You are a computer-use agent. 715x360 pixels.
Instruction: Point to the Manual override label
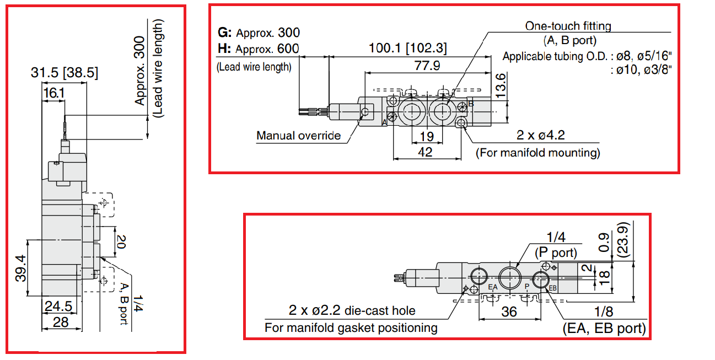[x=298, y=136]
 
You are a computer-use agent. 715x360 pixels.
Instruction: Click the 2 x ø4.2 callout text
[x=540, y=136]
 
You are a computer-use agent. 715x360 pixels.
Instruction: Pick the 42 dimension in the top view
[x=425, y=152]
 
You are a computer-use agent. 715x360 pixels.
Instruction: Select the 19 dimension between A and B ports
[x=426, y=136]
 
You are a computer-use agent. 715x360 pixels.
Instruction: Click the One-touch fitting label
[x=568, y=25]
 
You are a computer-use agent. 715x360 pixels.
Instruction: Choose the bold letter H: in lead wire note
[x=225, y=49]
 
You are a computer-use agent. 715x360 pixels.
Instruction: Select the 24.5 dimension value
[x=60, y=306]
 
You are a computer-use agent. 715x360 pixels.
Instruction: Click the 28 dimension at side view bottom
[x=60, y=322]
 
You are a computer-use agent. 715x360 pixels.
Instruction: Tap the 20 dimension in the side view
[x=122, y=240]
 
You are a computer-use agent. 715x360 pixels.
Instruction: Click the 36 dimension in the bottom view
[x=509, y=312]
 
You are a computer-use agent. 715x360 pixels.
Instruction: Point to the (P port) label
[x=556, y=253]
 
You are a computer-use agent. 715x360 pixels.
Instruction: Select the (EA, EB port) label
[x=604, y=329]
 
